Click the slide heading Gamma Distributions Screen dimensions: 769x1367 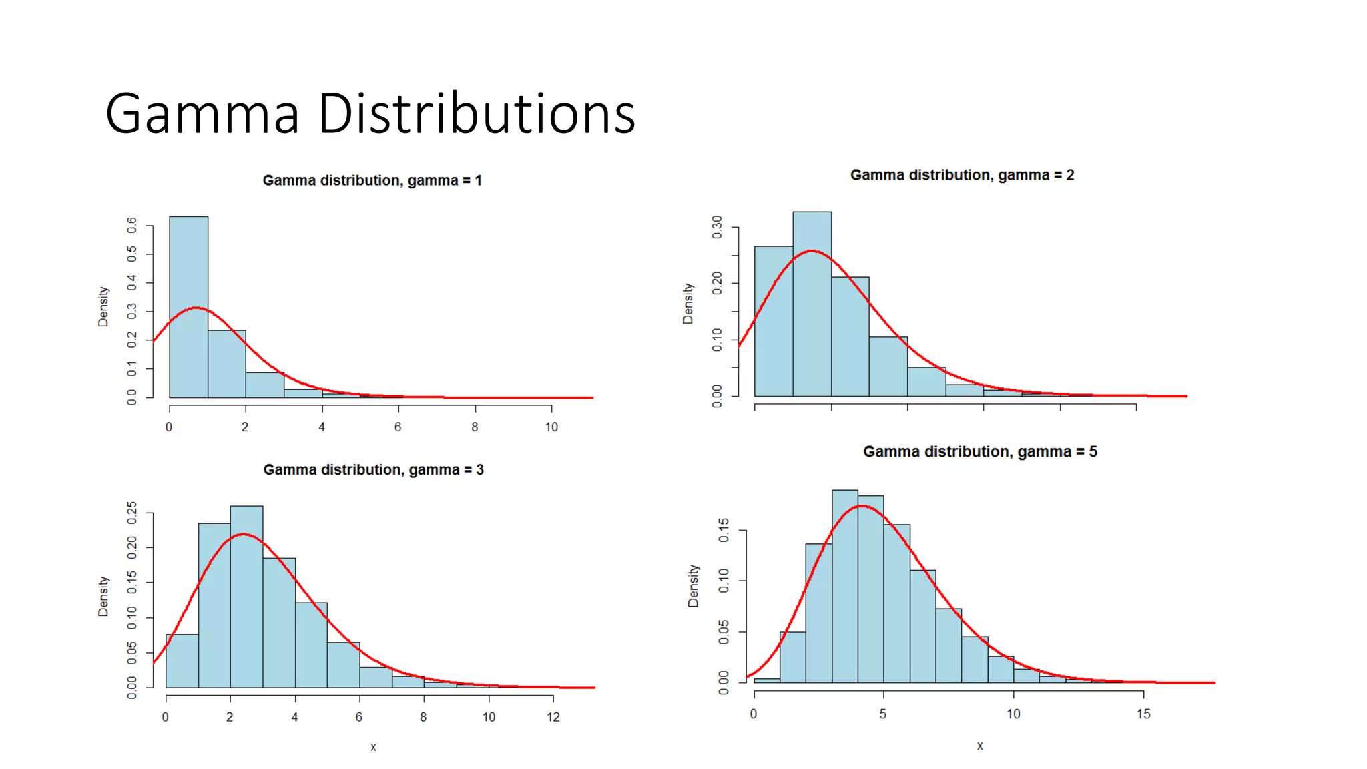(x=370, y=113)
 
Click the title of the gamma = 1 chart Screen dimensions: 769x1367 (x=372, y=180)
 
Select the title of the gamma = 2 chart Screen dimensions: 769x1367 (x=962, y=175)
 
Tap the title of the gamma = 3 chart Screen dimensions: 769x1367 (x=373, y=470)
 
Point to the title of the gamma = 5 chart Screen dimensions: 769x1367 (x=980, y=452)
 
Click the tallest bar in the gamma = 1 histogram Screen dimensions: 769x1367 (x=189, y=307)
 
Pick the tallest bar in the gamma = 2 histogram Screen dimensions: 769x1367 (x=812, y=304)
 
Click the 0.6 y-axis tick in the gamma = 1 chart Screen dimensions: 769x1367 (x=132, y=225)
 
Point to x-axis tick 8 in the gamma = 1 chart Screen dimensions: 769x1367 (x=475, y=427)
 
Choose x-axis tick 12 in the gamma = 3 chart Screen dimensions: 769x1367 (x=553, y=717)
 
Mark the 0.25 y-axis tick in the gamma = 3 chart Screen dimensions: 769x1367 (x=132, y=513)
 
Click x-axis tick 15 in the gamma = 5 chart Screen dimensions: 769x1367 (x=1143, y=714)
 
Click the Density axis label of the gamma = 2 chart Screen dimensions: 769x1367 (x=688, y=304)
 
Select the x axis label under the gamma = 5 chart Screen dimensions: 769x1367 (x=980, y=746)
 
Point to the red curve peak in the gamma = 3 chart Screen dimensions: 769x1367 (x=244, y=534)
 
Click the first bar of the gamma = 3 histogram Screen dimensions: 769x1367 (x=182, y=661)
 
